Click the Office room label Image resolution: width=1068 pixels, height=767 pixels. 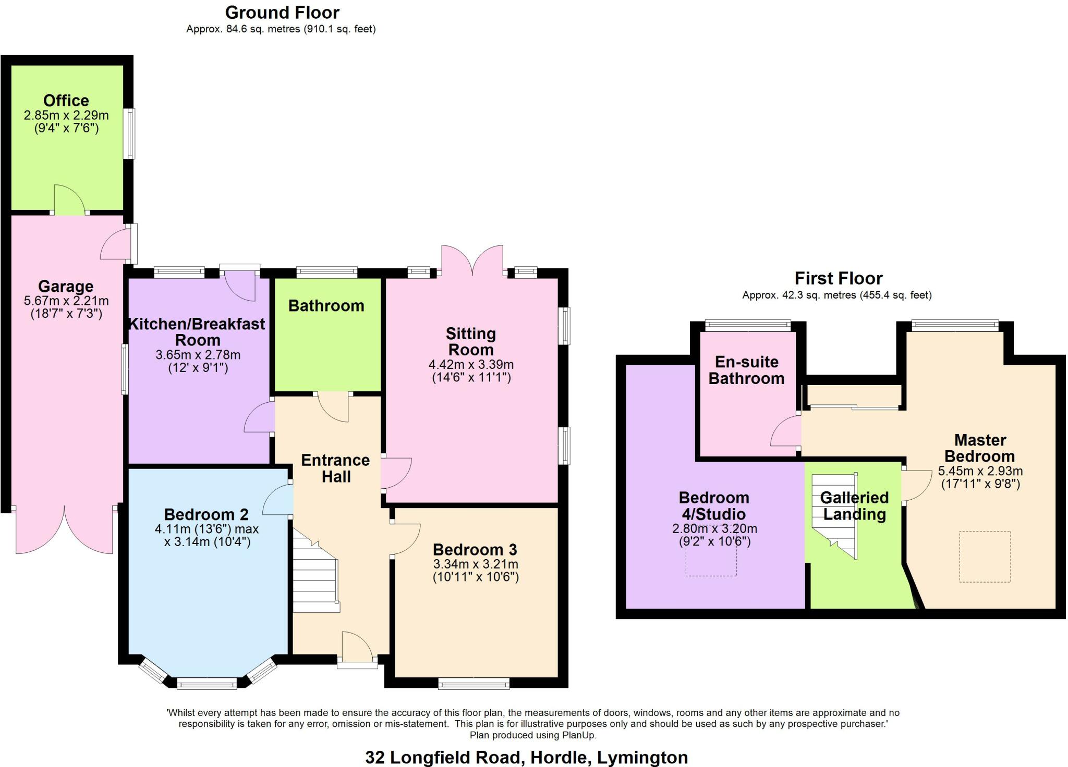[66, 101]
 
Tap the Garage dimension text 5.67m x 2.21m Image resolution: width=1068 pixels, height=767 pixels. [66, 301]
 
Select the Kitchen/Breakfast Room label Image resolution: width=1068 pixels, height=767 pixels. [197, 332]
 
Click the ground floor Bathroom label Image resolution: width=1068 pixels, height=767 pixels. [326, 305]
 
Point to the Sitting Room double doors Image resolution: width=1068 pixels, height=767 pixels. [472, 261]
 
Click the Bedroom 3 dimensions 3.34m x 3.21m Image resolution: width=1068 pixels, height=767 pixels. [476, 564]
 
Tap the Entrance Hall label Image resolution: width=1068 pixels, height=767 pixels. [335, 468]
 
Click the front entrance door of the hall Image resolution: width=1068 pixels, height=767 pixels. [357, 651]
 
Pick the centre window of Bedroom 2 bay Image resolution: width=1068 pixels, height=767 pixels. [207, 683]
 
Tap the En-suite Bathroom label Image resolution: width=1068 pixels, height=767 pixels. [746, 370]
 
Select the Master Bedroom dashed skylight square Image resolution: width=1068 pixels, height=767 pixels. [985, 556]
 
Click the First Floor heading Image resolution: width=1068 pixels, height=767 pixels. [838, 278]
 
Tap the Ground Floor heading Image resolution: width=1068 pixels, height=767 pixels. [282, 13]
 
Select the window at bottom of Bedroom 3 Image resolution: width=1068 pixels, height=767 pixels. [474, 683]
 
